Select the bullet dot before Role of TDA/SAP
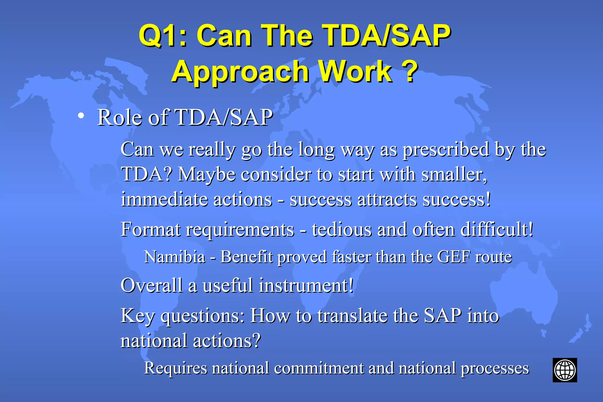coord(81,116)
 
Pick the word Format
coord(150,229)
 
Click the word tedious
coord(341,229)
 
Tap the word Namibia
coord(175,257)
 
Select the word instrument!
coord(306,285)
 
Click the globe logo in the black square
coord(564,370)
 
